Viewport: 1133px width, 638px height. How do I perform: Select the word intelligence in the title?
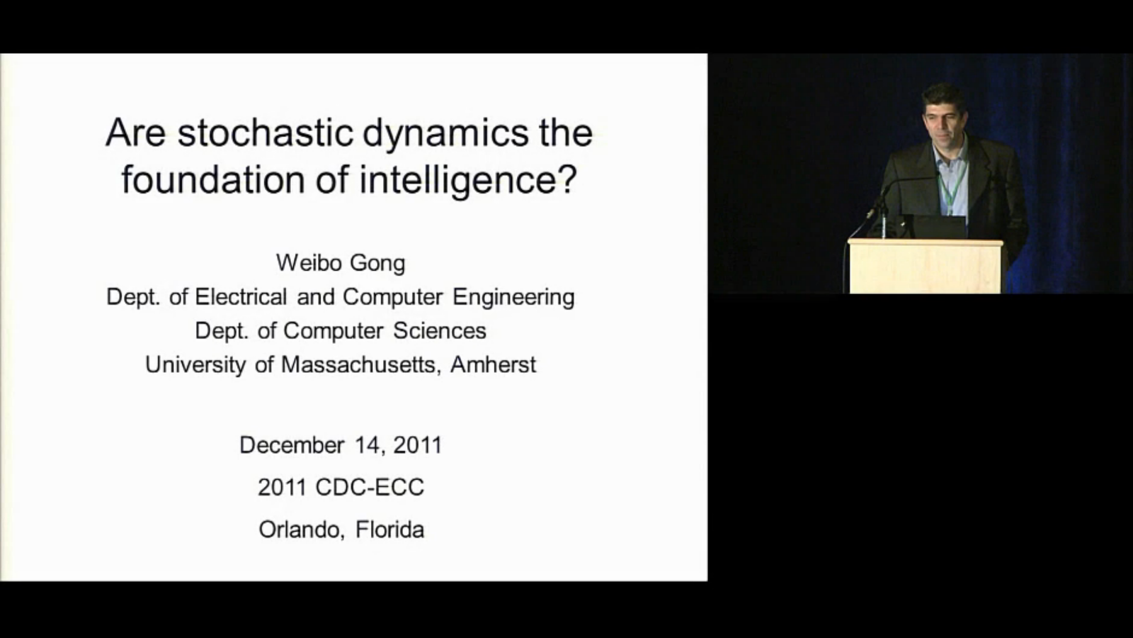[468, 180]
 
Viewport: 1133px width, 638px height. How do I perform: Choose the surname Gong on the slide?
[377, 264]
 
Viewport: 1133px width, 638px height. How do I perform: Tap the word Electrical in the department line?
[241, 297]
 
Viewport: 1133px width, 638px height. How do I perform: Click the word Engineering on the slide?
[513, 298]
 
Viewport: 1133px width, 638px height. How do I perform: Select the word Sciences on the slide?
[440, 330]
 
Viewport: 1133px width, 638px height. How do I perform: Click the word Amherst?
[493, 364]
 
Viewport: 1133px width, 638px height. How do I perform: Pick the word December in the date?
[292, 445]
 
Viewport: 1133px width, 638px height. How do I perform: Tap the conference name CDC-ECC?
[370, 487]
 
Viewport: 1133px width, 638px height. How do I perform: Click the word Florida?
[390, 530]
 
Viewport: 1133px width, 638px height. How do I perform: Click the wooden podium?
[926, 267]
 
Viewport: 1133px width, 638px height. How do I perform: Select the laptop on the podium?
[935, 226]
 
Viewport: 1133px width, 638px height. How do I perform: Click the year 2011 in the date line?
[418, 445]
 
